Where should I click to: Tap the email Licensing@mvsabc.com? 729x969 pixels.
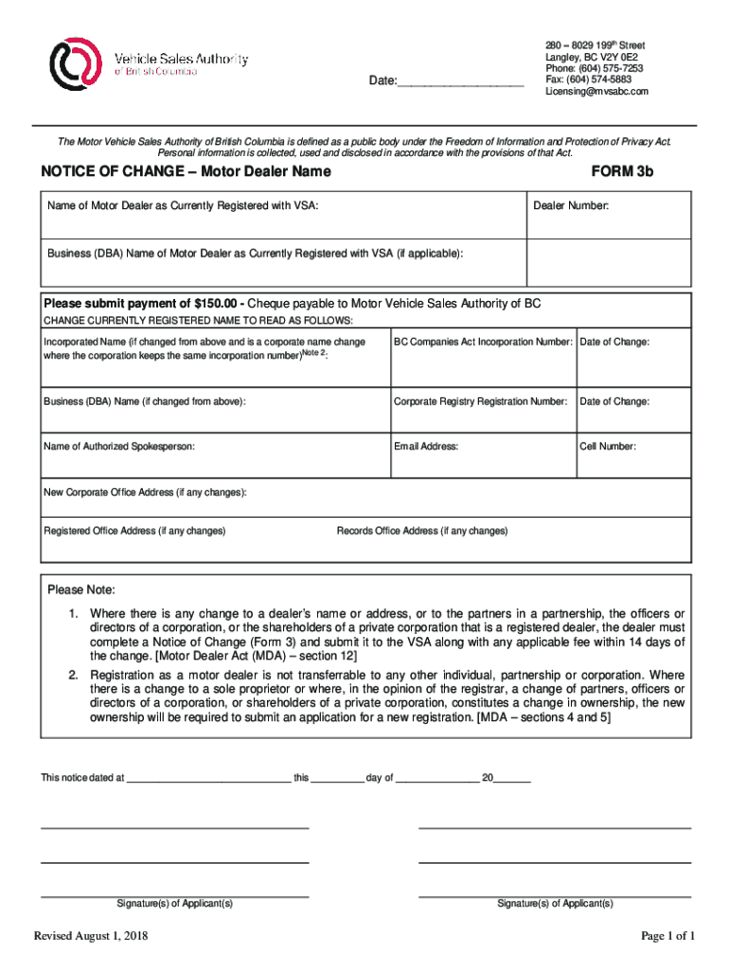point(596,92)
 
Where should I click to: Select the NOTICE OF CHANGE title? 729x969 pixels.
point(186,171)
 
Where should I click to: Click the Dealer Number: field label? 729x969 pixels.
point(571,205)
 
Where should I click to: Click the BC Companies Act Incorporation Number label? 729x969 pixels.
point(483,342)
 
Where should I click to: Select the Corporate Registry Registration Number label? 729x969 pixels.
point(480,401)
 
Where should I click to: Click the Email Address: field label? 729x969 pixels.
point(426,446)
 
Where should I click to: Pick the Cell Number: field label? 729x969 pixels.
point(608,446)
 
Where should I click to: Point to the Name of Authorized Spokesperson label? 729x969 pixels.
point(119,446)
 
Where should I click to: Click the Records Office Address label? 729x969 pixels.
point(422,531)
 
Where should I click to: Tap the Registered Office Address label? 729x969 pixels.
point(134,531)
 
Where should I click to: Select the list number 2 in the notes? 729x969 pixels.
point(73,675)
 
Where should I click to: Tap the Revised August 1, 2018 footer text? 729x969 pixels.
point(90,937)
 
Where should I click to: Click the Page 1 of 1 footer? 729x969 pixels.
point(667,937)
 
